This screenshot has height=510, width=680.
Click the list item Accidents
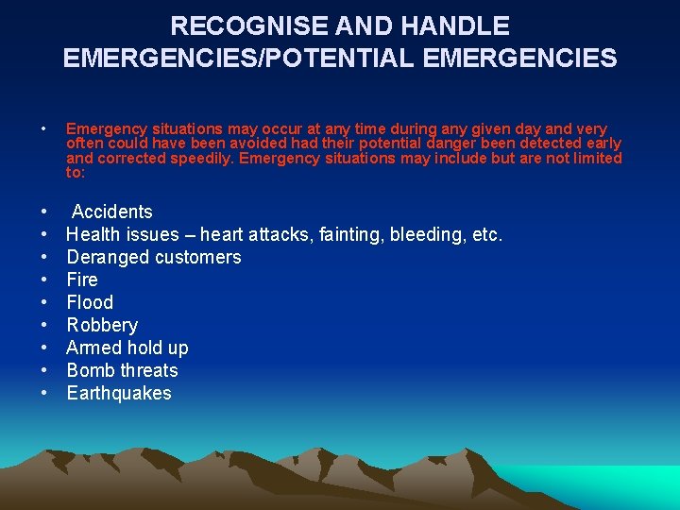pyautogui.click(x=111, y=212)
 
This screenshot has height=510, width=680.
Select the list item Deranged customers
pyautogui.click(x=153, y=257)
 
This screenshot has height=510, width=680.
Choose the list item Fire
pyautogui.click(x=82, y=280)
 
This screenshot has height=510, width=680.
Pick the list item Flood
pyautogui.click(x=90, y=302)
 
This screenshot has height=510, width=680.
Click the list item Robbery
pyautogui.click(x=102, y=325)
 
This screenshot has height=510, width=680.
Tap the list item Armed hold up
pyautogui.click(x=127, y=348)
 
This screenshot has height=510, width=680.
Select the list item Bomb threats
pyautogui.click(x=122, y=370)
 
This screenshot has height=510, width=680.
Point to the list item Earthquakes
pyautogui.click(x=119, y=393)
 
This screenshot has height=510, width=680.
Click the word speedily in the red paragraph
pyautogui.click(x=202, y=158)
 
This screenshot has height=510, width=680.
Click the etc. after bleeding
pyautogui.click(x=486, y=234)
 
